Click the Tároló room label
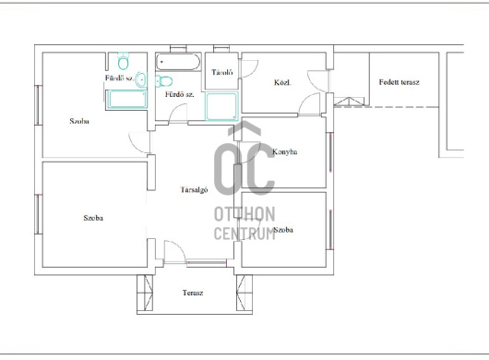click(222, 72)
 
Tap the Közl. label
click(282, 83)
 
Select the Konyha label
click(285, 152)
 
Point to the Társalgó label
click(194, 189)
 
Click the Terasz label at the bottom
click(193, 293)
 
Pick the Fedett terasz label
click(400, 82)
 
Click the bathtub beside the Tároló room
click(178, 62)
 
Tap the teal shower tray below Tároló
click(221, 106)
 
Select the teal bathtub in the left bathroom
click(126, 100)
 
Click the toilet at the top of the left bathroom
click(124, 61)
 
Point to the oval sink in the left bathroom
click(141, 79)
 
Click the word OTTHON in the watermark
click(244, 214)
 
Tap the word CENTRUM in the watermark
click(244, 233)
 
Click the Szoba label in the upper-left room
click(79, 121)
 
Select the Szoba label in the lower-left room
click(93, 218)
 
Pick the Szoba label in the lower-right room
click(283, 230)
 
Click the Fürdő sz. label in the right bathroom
click(179, 94)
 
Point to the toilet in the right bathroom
click(163, 81)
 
